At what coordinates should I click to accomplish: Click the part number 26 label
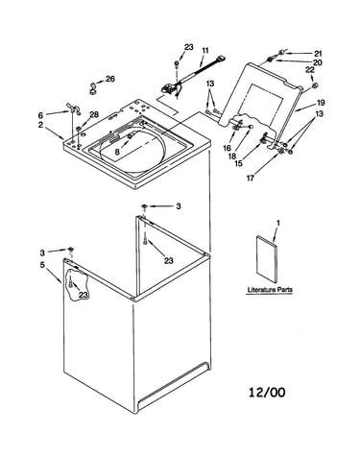(110, 79)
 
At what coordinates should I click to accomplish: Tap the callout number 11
(205, 51)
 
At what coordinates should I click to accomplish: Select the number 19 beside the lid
(321, 103)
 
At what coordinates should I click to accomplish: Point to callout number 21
(318, 54)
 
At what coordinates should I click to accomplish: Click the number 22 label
(310, 70)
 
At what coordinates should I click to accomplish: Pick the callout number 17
(250, 178)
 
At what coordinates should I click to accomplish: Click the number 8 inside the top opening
(117, 152)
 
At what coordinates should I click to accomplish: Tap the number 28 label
(94, 114)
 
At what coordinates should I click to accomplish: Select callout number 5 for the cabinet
(42, 265)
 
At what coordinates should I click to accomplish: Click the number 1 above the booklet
(278, 223)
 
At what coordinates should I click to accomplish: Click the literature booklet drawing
(266, 260)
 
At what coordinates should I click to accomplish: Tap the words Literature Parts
(270, 290)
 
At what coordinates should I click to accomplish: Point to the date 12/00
(267, 392)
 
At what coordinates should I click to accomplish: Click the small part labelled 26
(93, 88)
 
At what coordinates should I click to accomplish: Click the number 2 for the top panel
(40, 125)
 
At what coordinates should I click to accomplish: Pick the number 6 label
(40, 115)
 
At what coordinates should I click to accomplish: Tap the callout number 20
(317, 62)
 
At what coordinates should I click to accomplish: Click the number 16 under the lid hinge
(227, 148)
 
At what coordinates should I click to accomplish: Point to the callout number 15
(238, 163)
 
